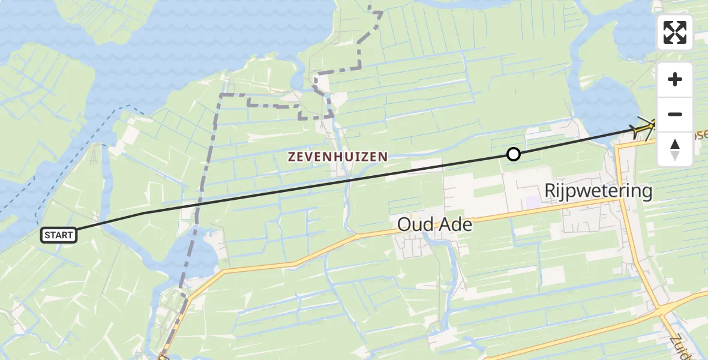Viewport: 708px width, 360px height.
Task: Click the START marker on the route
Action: click(59, 235)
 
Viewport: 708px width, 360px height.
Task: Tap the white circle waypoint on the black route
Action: click(513, 154)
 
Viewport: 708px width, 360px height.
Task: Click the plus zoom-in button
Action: click(675, 79)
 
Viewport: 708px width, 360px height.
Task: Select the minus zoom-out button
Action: click(675, 114)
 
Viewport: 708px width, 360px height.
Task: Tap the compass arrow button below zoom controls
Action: click(675, 149)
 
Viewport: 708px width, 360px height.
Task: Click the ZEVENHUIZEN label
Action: click(338, 157)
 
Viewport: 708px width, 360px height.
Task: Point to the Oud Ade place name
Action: click(435, 225)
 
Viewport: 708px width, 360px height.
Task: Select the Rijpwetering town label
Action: click(598, 191)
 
